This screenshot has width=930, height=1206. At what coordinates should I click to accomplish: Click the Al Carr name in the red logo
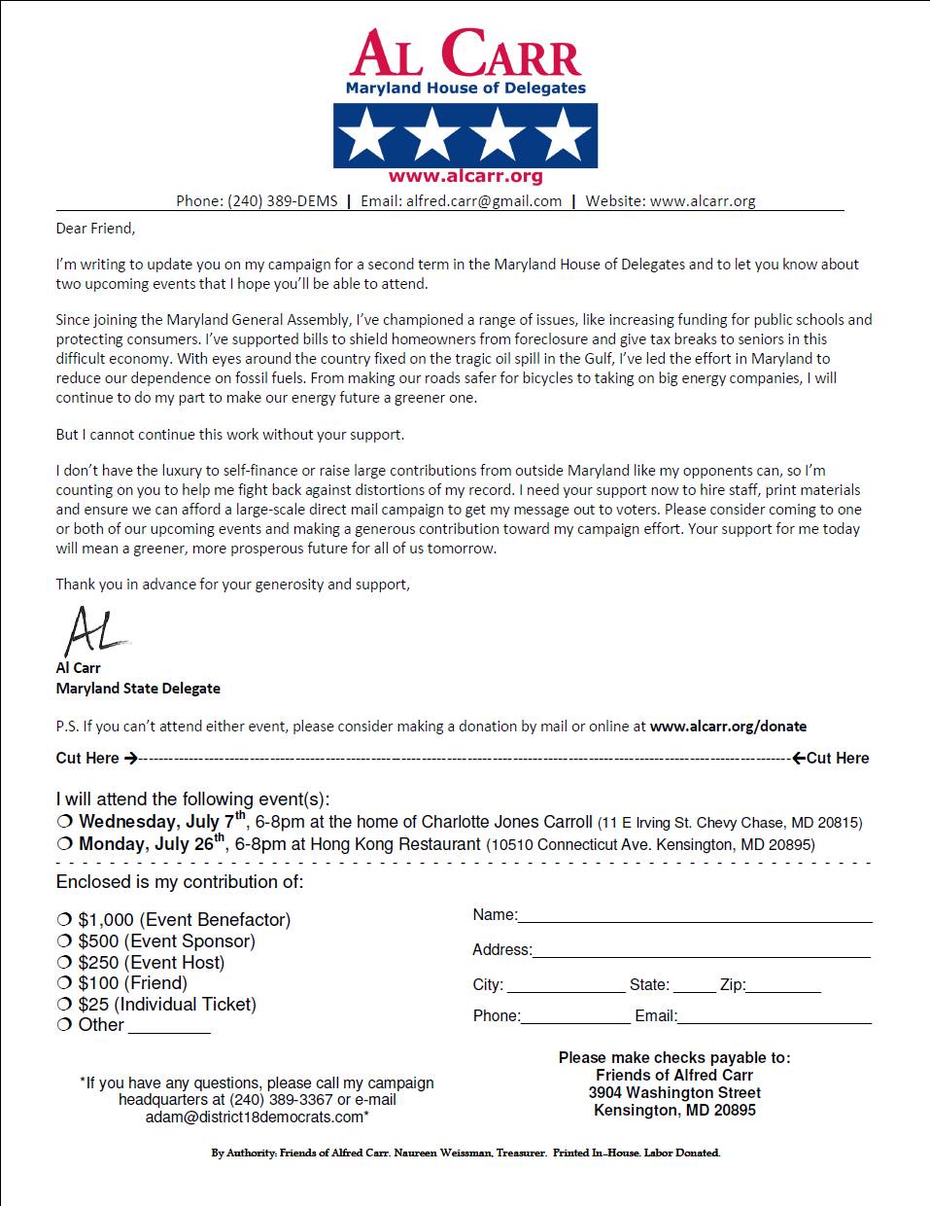tap(465, 54)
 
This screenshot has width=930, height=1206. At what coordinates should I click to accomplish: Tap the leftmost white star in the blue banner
tap(367, 135)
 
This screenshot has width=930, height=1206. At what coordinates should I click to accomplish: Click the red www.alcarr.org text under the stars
tap(465, 177)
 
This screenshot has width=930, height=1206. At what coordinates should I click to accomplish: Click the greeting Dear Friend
tap(95, 229)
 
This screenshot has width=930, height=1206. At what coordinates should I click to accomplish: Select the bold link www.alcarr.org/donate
tap(728, 727)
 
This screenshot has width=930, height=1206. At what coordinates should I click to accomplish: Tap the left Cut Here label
tap(87, 759)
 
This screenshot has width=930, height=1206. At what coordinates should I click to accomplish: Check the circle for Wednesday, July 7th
tap(64, 822)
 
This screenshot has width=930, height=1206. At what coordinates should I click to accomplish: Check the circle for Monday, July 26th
tap(64, 844)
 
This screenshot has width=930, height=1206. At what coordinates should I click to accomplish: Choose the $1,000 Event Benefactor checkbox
tap(64, 920)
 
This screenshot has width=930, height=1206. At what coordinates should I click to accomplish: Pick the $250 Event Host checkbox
tap(64, 963)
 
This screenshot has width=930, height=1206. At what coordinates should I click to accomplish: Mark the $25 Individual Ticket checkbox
tap(64, 1005)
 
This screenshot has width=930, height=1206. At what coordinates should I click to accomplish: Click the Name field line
tap(695, 916)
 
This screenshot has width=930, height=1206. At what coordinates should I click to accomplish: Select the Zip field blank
tap(783, 986)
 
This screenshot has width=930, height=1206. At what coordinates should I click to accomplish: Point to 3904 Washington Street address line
tap(674, 1093)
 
